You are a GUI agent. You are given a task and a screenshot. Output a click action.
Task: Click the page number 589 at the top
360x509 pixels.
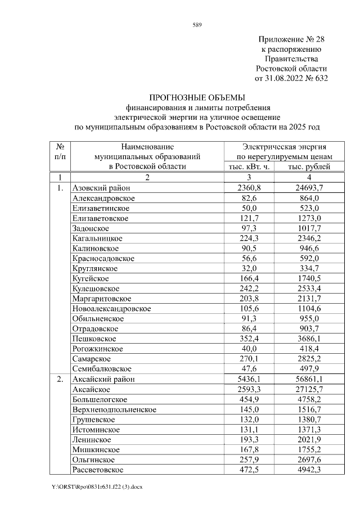(197, 25)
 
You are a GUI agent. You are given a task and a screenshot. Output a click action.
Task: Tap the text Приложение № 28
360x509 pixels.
(291, 40)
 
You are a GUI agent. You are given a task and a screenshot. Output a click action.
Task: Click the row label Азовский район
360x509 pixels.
(101, 188)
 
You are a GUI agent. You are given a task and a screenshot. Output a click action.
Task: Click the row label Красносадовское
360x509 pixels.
(103, 259)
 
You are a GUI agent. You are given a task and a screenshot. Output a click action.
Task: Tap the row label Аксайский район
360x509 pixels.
(103, 379)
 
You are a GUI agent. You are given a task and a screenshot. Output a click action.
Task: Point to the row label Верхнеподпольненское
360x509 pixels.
(114, 409)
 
